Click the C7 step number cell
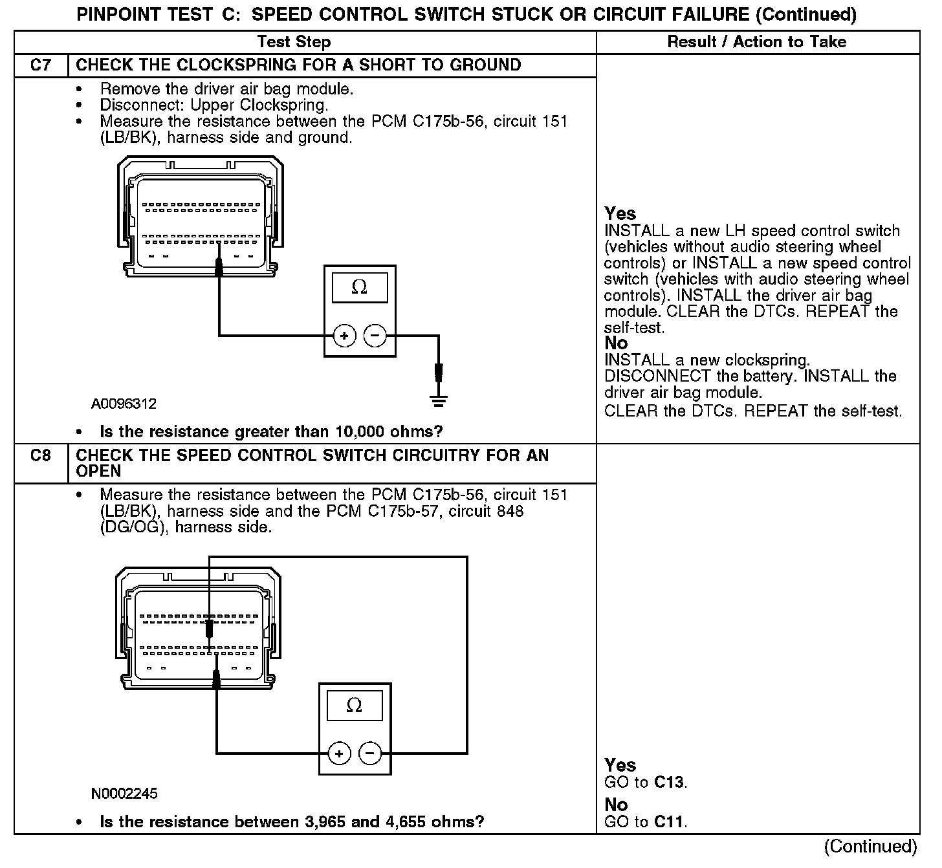tap(40, 65)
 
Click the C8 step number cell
tap(40, 456)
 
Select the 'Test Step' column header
tap(294, 42)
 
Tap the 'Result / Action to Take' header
tap(756, 42)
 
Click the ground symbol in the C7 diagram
tap(439, 400)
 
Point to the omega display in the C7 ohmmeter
tap(360, 287)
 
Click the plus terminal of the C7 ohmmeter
tap(345, 336)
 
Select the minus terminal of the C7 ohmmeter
tap(375, 336)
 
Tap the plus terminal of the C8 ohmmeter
tap(340, 753)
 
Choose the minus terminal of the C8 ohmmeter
tap(370, 753)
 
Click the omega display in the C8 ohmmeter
tap(355, 705)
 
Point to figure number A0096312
tap(124, 404)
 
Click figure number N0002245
tap(124, 794)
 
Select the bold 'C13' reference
tap(669, 783)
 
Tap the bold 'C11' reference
tap(669, 823)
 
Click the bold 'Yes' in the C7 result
tap(620, 214)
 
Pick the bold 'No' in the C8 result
tap(616, 805)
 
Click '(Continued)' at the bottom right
tap(870, 847)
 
